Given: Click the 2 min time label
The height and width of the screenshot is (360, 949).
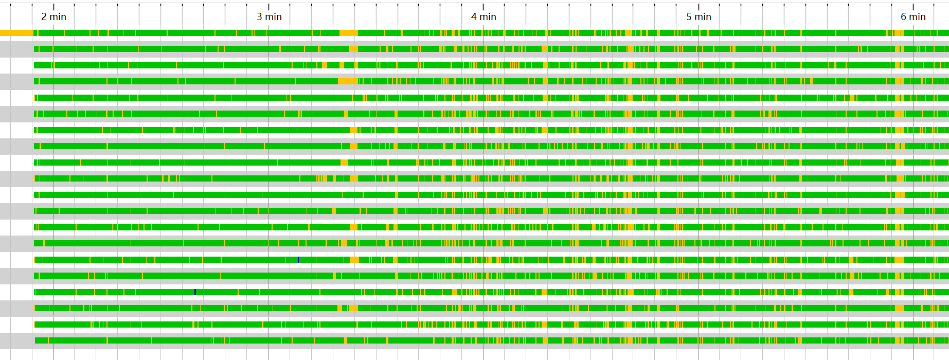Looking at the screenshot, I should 53,16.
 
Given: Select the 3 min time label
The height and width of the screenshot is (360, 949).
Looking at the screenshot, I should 269,16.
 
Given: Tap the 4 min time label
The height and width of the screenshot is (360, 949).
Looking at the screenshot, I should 484,16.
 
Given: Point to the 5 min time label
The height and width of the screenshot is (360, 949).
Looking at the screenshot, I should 699,16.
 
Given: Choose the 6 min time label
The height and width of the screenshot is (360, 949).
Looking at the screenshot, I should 913,16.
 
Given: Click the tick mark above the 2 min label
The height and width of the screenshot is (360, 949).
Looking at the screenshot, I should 53,6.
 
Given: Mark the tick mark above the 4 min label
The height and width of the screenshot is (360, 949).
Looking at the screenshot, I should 483,6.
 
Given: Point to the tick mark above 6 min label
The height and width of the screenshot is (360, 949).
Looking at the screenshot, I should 913,6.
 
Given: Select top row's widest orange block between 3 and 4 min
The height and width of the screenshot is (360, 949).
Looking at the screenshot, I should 349,33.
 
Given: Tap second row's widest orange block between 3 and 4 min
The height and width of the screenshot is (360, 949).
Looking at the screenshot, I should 353,49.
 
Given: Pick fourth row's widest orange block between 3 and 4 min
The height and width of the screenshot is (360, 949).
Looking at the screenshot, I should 348,81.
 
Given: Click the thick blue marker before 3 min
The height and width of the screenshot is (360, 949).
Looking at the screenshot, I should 195,292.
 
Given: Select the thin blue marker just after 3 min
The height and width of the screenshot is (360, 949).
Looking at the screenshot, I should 298,260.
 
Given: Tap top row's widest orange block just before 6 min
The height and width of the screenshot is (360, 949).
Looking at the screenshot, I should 898,33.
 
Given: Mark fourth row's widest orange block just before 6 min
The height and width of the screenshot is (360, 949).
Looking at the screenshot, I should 899,81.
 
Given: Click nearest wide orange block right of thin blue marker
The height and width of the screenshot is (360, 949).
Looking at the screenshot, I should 354,260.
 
